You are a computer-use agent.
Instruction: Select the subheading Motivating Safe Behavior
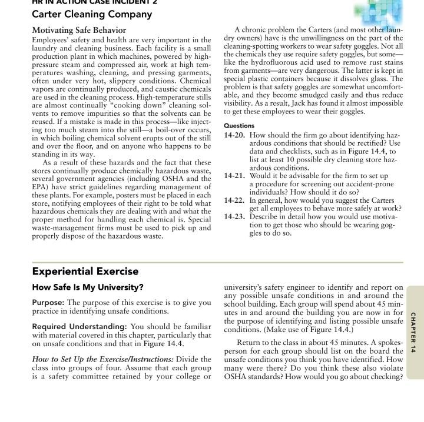(x=79, y=30)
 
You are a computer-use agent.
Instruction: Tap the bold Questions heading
(x=239, y=125)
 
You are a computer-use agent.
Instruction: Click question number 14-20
(x=236, y=135)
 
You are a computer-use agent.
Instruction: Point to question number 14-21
(x=236, y=175)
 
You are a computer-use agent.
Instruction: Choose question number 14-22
(x=236, y=200)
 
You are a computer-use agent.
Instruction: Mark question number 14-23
(x=236, y=216)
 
